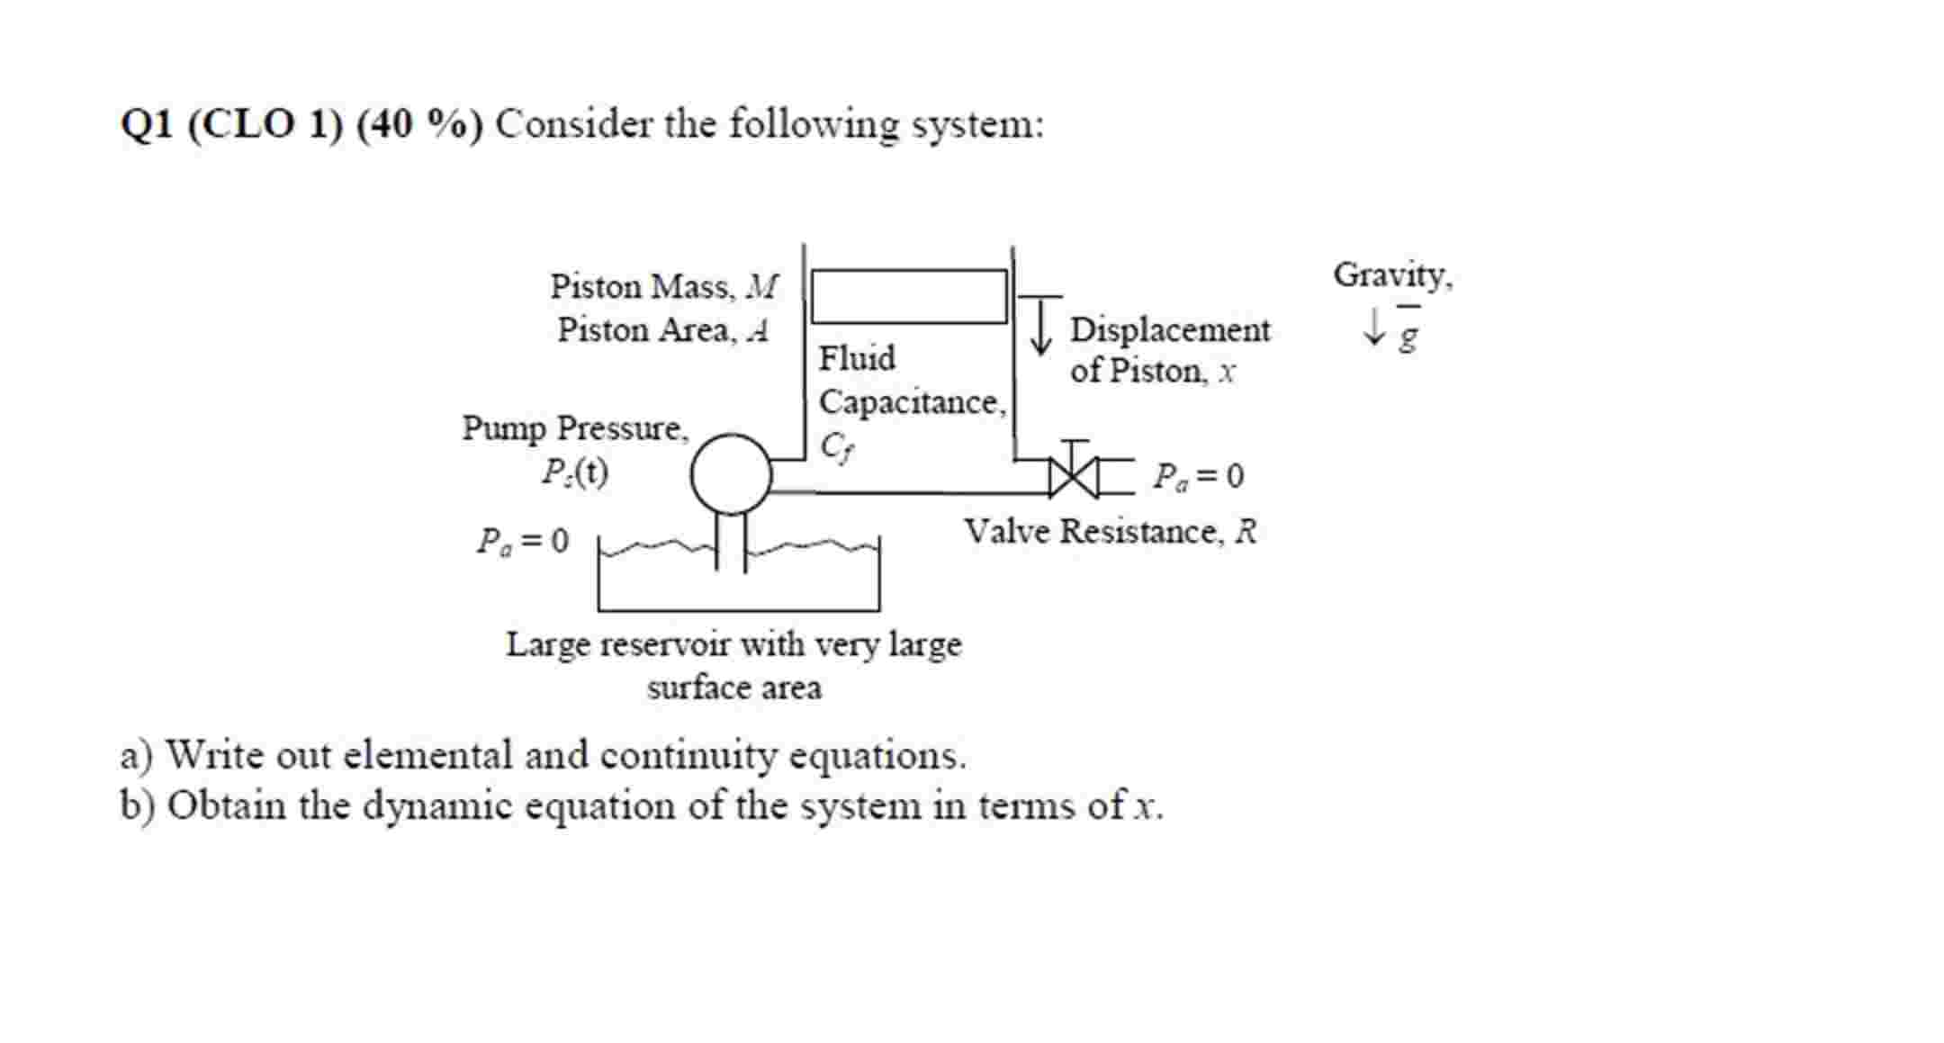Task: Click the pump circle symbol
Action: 731,474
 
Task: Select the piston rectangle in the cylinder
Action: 909,296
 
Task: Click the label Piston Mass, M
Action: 663,287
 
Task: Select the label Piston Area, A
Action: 662,330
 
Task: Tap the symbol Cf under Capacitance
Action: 836,446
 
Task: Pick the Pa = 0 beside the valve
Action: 1199,476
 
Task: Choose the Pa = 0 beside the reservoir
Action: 523,541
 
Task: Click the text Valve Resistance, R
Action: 1111,532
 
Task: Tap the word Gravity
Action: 1391,274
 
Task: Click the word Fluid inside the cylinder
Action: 857,358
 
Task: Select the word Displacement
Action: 1170,330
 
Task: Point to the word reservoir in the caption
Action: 662,645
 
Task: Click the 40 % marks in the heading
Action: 419,124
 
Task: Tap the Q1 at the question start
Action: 146,124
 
